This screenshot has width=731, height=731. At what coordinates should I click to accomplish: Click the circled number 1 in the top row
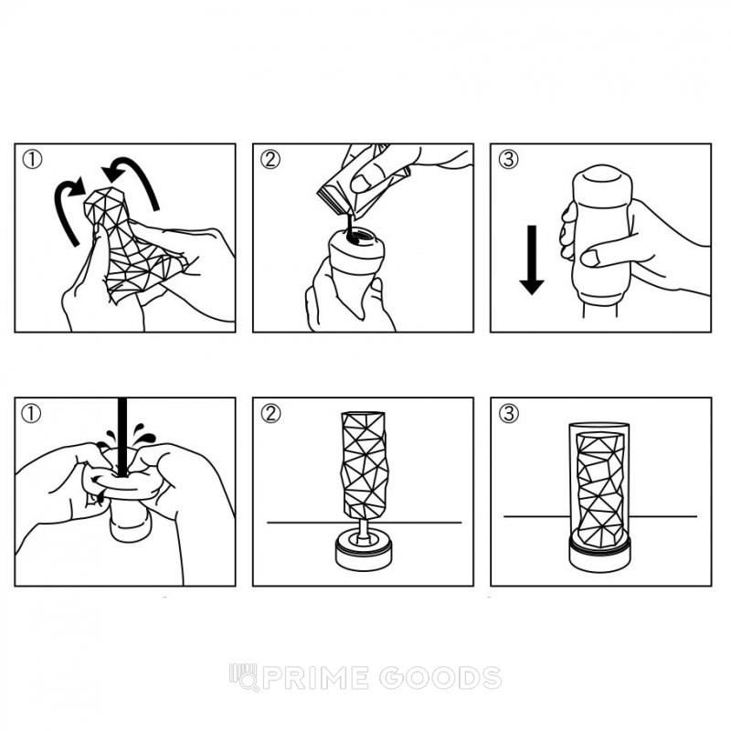pyautogui.click(x=32, y=159)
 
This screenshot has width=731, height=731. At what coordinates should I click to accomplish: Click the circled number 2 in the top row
pyautogui.click(x=270, y=159)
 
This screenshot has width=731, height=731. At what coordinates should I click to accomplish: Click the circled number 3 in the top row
pyautogui.click(x=508, y=159)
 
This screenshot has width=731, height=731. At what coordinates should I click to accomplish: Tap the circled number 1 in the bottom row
pyautogui.click(x=31, y=414)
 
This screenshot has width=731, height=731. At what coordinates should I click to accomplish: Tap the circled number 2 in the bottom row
pyautogui.click(x=270, y=414)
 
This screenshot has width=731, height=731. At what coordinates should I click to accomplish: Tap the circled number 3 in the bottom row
pyautogui.click(x=509, y=414)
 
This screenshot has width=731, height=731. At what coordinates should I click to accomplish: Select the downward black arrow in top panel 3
pyautogui.click(x=532, y=260)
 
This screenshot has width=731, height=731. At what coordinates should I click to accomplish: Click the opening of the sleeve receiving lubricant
pyautogui.click(x=356, y=236)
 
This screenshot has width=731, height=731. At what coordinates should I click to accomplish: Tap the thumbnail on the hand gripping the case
pyautogui.click(x=590, y=258)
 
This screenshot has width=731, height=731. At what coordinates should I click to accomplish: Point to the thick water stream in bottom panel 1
pyautogui.click(x=122, y=437)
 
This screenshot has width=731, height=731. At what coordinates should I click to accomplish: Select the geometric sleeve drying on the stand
pyautogui.click(x=364, y=464)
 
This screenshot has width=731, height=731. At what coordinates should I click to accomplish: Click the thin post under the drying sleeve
pyautogui.click(x=363, y=528)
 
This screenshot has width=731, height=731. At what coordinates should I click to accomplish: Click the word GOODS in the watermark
pyautogui.click(x=440, y=678)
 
